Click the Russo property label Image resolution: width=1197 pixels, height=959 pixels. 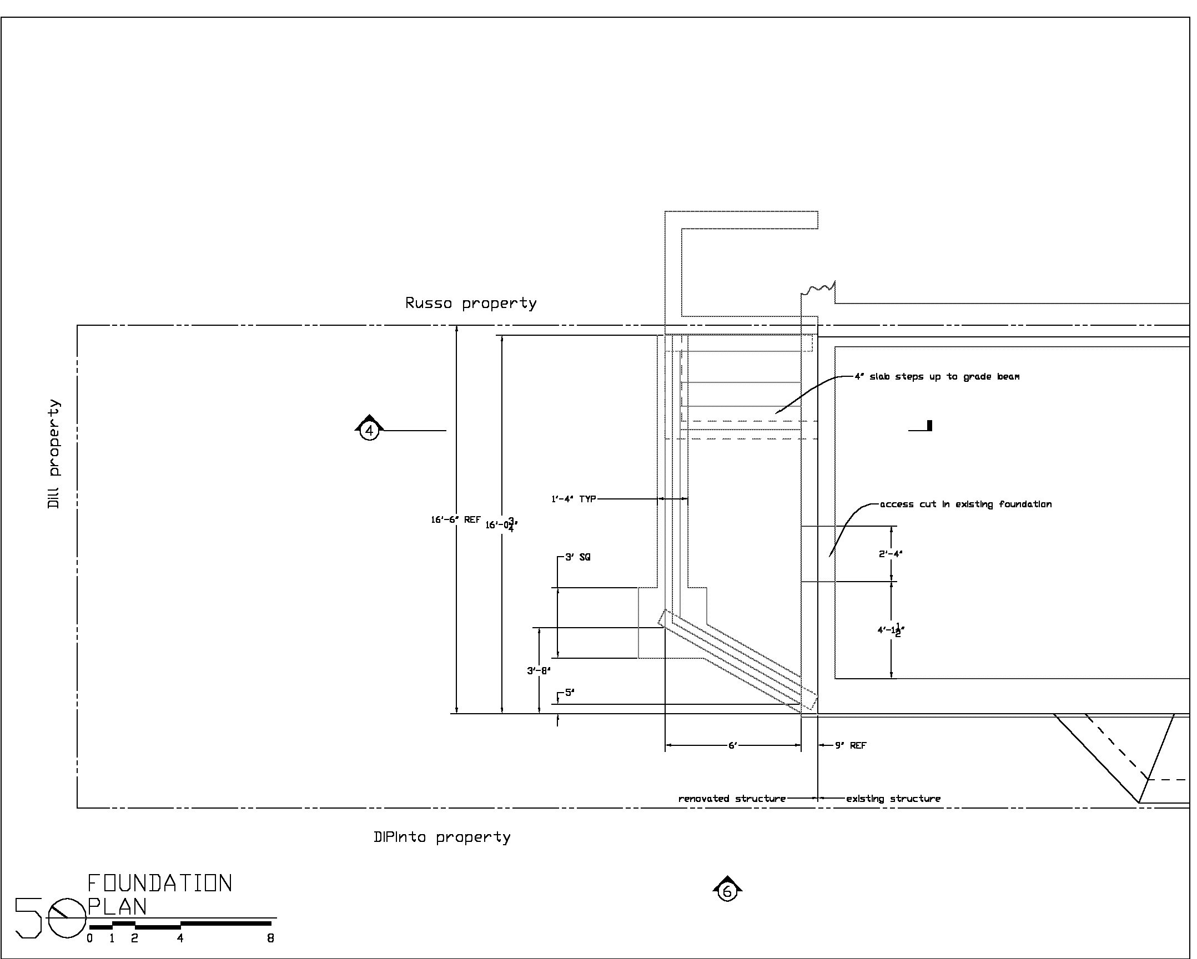pos(471,303)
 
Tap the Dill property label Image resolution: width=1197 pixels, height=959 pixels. pos(53,454)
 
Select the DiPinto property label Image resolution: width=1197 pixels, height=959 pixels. pos(442,837)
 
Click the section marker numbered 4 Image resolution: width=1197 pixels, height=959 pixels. pos(369,430)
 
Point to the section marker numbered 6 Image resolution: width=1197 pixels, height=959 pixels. pos(727,892)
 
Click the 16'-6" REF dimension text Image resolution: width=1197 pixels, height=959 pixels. pos(456,520)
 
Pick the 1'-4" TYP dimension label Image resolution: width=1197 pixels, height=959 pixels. pos(574,499)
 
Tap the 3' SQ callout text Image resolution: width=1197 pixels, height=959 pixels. pos(577,557)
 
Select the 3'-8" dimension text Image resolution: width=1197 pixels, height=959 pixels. pos(539,671)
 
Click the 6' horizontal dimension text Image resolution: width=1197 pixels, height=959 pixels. pos(732,745)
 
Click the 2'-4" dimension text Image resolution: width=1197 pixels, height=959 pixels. pos(891,553)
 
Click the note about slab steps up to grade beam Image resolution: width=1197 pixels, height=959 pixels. pos(937,377)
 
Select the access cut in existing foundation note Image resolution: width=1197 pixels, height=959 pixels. pos(965,504)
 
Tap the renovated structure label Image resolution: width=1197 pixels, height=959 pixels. pos(732,799)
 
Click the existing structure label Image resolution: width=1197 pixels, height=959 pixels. pos(893,799)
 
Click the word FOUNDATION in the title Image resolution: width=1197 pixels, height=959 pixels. pos(160,883)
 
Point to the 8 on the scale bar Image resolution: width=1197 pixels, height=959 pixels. pos(270,938)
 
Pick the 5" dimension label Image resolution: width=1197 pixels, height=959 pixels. pos(570,693)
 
